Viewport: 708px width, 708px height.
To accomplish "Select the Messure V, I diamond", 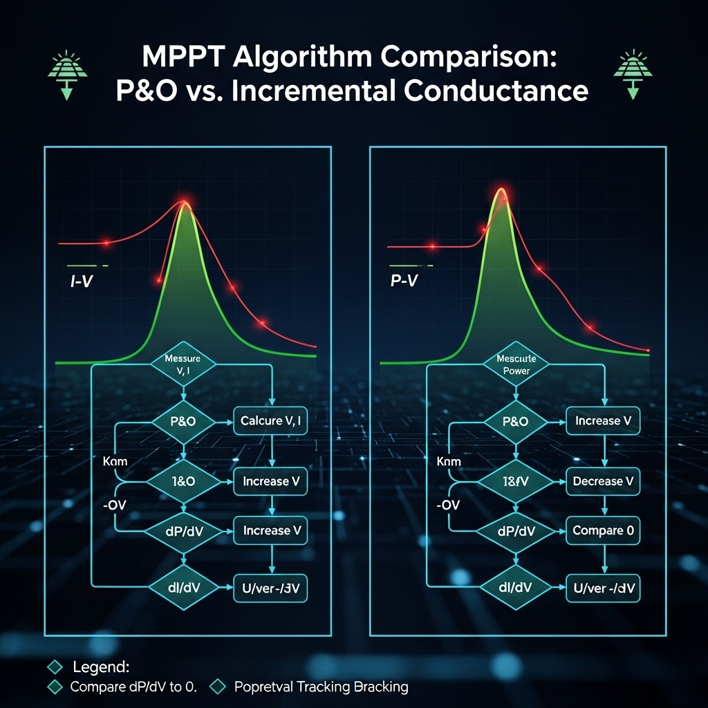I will click(x=183, y=364).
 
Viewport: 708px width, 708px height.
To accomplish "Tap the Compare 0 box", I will click(x=603, y=531).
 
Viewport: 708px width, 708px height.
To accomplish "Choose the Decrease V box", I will click(x=603, y=481).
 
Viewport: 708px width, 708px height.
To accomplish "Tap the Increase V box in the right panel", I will click(x=603, y=420).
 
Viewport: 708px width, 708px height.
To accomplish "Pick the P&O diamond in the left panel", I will click(x=183, y=420).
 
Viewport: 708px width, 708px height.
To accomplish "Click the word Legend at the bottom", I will click(x=100, y=667).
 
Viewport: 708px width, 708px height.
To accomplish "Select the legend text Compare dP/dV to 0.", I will click(x=133, y=687).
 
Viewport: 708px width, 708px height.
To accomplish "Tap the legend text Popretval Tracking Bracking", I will click(x=321, y=687).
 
